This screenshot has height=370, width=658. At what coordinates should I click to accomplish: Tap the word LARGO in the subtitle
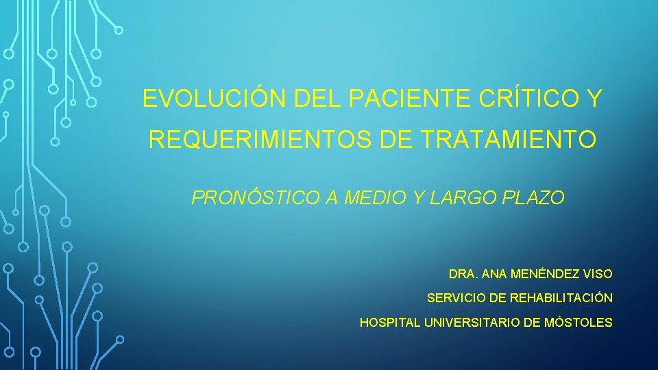(466, 199)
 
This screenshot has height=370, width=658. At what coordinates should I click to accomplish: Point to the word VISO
(597, 274)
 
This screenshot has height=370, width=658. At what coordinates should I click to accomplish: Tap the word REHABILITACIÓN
(561, 298)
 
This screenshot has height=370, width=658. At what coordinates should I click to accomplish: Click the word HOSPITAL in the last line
(390, 322)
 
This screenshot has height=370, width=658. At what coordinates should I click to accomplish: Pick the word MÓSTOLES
(578, 322)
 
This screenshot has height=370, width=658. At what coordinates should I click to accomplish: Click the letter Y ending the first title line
(594, 99)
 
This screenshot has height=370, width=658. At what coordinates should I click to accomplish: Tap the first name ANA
(493, 274)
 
